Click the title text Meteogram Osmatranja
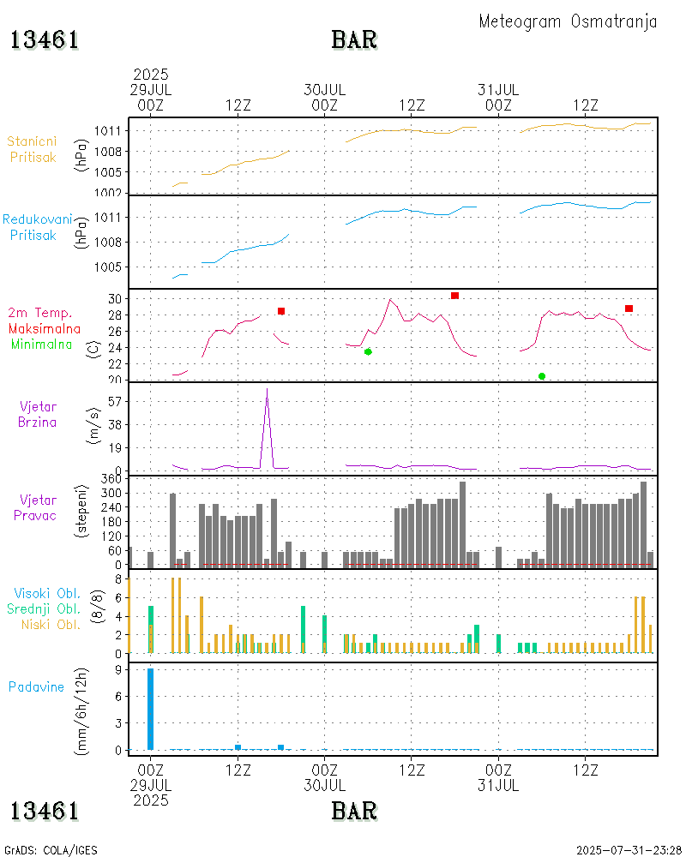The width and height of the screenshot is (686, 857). pyautogui.click(x=568, y=21)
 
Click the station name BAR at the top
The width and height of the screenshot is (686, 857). pyautogui.click(x=354, y=40)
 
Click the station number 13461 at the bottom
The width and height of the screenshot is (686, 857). pyautogui.click(x=45, y=810)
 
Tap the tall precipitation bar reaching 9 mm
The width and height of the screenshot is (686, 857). pyautogui.click(x=151, y=709)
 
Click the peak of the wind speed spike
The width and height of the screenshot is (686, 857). pyautogui.click(x=267, y=390)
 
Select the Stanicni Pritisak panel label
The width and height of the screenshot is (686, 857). pyautogui.click(x=33, y=148)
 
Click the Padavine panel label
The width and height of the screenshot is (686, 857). pyautogui.click(x=36, y=686)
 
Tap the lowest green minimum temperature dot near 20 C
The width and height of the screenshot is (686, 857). pyautogui.click(x=542, y=376)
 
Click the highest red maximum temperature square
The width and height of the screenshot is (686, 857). pyautogui.click(x=454, y=296)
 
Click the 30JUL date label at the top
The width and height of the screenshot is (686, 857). pyautogui.click(x=325, y=89)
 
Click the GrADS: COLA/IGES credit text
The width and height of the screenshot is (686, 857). pyautogui.click(x=51, y=850)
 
